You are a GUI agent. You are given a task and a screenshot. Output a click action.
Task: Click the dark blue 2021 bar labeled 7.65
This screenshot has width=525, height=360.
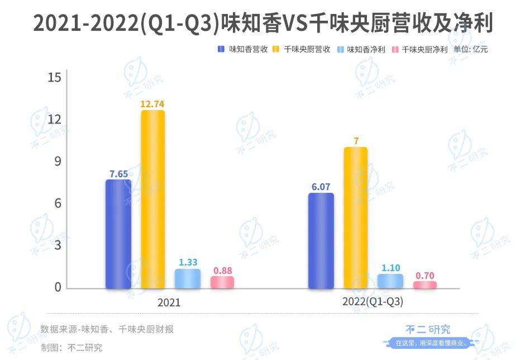click(x=118, y=234)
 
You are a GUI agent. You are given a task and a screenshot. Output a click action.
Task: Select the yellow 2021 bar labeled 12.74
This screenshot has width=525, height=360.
click(x=153, y=200)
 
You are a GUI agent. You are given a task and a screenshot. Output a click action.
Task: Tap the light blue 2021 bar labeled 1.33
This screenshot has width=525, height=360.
click(x=188, y=279)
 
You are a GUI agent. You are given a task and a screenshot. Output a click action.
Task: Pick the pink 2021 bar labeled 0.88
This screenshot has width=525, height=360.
click(x=222, y=282)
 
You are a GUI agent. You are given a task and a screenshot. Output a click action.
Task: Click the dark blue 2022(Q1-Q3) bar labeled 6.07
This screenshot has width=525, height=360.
click(x=321, y=241)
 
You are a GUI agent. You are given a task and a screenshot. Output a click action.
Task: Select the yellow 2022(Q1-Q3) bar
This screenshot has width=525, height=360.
click(x=355, y=218)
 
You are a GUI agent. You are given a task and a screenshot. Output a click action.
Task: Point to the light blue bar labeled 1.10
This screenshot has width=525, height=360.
click(x=390, y=281)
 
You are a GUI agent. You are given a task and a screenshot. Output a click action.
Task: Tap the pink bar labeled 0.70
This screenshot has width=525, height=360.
click(x=425, y=285)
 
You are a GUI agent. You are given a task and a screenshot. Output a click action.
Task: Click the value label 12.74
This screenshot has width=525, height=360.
click(x=153, y=103)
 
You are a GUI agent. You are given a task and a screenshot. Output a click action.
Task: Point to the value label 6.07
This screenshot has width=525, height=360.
click(x=321, y=186)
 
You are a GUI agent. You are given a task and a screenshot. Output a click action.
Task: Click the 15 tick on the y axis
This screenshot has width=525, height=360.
click(x=54, y=78)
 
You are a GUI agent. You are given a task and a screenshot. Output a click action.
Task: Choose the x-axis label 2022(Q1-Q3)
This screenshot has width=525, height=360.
click(x=373, y=302)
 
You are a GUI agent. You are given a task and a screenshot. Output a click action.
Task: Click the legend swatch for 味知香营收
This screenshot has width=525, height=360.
click(x=222, y=49)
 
